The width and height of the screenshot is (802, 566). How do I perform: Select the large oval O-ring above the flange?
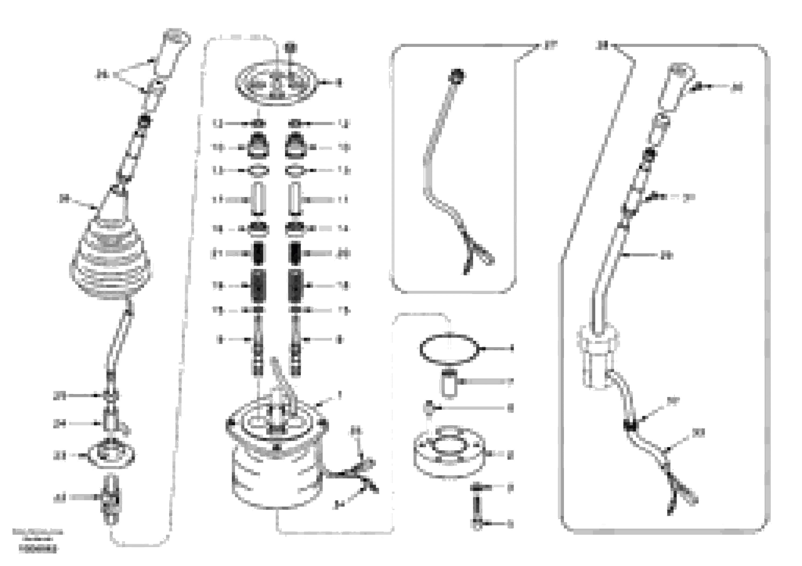449,349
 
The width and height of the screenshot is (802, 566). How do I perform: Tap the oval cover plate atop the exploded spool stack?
276,84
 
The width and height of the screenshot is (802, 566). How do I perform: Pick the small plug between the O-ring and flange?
429,408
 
